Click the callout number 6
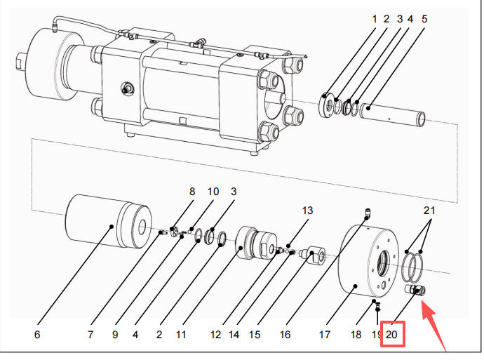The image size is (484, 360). tap(37, 335)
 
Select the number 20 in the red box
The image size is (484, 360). tap(391, 335)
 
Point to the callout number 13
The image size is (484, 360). tap(307, 211)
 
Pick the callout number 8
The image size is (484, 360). tap(191, 191)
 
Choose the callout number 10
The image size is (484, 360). tap(213, 191)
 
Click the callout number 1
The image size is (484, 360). tap(375, 19)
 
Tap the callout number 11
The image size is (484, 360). tap(181, 335)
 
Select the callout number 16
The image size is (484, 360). tap(285, 335)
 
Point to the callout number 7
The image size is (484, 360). tap(90, 335)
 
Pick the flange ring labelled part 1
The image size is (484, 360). tap(328, 105)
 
